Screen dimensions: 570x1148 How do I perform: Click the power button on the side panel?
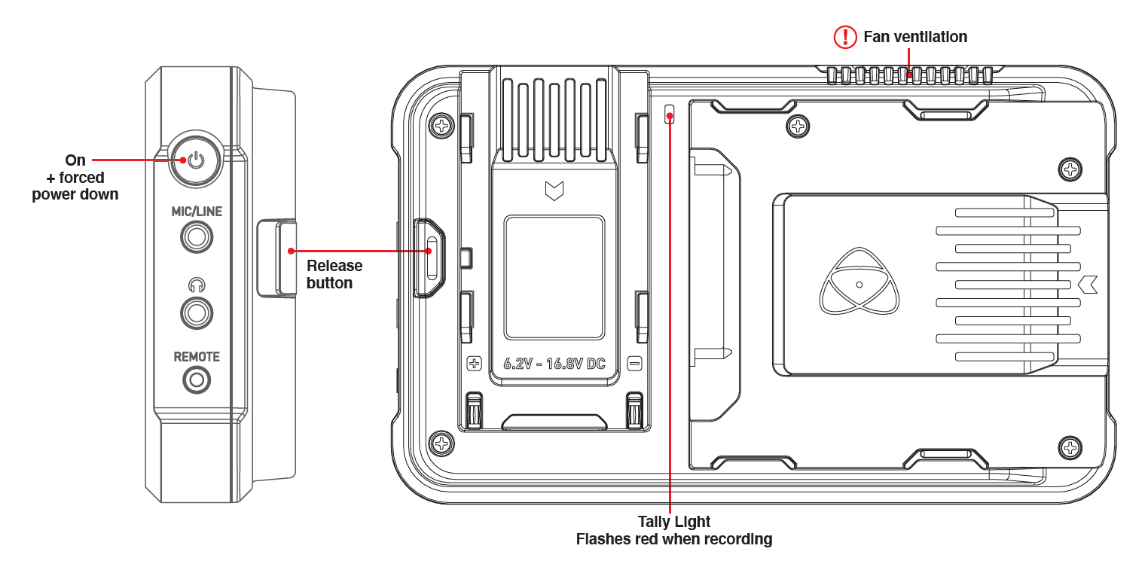196,160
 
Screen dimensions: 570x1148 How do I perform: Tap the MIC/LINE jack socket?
197,238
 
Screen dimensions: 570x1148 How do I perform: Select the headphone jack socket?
197,312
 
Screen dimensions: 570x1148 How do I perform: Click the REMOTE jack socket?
197,380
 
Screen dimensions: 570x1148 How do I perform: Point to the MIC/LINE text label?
197,212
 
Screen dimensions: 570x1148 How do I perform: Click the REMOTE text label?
197,357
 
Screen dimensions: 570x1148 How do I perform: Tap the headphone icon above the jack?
197,285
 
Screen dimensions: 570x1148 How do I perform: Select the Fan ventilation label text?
915,37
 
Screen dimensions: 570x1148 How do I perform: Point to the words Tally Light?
673,521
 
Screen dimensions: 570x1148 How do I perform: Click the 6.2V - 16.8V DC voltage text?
554,364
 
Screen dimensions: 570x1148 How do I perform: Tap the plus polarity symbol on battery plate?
475,364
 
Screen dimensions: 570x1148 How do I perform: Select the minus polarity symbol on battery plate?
634,364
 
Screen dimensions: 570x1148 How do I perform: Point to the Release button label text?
334,274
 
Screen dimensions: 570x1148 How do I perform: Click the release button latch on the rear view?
430,258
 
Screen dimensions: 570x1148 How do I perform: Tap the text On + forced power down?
75,177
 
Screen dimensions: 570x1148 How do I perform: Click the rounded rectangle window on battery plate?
554,277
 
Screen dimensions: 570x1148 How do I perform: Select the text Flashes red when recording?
673,539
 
